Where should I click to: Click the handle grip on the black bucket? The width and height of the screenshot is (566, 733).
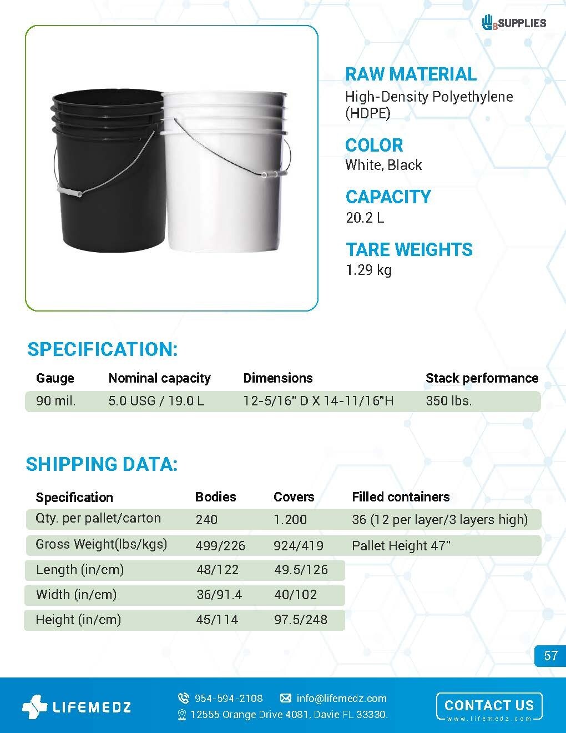69,192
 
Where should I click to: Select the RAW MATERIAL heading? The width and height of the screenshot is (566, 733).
411,74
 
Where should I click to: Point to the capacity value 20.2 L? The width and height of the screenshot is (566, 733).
365,217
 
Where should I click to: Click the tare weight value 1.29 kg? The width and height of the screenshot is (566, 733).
368,270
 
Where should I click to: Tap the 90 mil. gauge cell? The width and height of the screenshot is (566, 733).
56,400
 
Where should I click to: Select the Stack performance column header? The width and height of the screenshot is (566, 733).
482,378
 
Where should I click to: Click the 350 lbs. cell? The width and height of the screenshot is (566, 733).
448,400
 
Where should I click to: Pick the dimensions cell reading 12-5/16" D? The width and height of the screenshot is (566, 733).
319,400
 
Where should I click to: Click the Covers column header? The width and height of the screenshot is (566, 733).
294,497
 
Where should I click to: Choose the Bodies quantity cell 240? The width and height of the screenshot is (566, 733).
206,520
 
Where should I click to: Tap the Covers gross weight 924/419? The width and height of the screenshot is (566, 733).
299,546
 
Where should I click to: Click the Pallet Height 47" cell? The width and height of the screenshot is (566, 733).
401,546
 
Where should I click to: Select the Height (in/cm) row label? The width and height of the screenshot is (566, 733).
78,620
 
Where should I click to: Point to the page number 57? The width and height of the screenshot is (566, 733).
550,656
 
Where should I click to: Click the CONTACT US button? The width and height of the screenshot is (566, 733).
489,706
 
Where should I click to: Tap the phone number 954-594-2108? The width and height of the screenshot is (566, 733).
228,698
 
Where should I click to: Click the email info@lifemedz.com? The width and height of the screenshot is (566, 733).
341,698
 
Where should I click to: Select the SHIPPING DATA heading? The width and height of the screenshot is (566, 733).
102,464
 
